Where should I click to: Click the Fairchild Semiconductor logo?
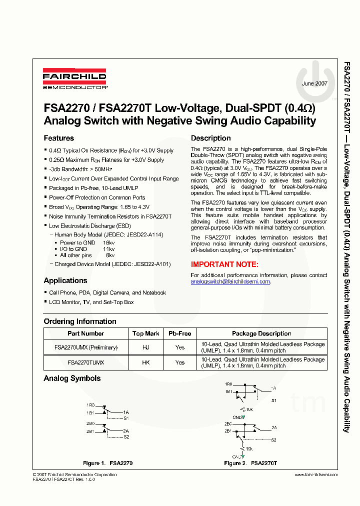click(74, 79)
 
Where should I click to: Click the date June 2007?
click(314, 83)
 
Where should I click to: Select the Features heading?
click(58, 138)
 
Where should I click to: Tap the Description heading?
click(210, 138)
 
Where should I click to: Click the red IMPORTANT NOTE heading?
click(224, 264)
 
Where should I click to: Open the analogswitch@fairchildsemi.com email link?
click(230, 281)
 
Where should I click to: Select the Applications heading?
click(65, 280)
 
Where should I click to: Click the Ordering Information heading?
click(79, 321)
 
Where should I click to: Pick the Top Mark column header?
click(145, 333)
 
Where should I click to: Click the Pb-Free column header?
click(179, 333)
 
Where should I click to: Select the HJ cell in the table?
click(145, 347)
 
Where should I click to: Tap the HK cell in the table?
click(145, 362)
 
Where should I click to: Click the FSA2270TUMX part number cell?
click(85, 362)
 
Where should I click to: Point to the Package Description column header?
click(261, 333)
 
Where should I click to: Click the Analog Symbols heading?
click(72, 378)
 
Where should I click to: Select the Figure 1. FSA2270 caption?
click(107, 463)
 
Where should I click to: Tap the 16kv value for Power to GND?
click(108, 242)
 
